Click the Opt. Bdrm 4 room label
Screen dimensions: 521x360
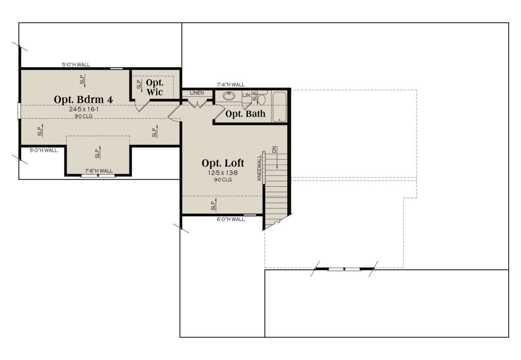pyautogui.click(x=83, y=99)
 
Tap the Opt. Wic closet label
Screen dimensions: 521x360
pyautogui.click(x=155, y=87)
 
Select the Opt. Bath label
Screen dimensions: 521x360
pyautogui.click(x=245, y=114)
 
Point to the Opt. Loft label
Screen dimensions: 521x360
pyautogui.click(x=223, y=163)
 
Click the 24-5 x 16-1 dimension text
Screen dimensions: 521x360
pyautogui.click(x=84, y=109)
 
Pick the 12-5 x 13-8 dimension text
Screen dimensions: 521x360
pyautogui.click(x=223, y=173)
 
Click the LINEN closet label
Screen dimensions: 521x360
pyautogui.click(x=197, y=93)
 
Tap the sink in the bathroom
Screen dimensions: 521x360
pyautogui.click(x=229, y=96)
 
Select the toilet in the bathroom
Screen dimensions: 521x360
pyautogui.click(x=262, y=99)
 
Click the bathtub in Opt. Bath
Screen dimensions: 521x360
pyautogui.click(x=279, y=106)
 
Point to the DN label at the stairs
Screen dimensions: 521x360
pyautogui.click(x=274, y=149)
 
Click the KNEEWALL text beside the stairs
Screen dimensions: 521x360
pyautogui.click(x=259, y=168)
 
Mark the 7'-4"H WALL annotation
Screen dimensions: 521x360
pyautogui.click(x=231, y=85)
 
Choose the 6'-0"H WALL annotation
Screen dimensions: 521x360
pyautogui.click(x=231, y=219)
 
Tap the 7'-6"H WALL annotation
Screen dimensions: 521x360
pyautogui.click(x=99, y=171)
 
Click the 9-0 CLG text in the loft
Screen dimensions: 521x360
pyautogui.click(x=223, y=180)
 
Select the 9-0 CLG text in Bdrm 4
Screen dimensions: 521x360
pyautogui.click(x=84, y=116)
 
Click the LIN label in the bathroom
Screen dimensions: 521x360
pyautogui.click(x=246, y=95)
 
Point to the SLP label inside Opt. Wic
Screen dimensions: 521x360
pyautogui.click(x=139, y=85)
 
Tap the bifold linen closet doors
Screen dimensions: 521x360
pyautogui.click(x=197, y=104)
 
